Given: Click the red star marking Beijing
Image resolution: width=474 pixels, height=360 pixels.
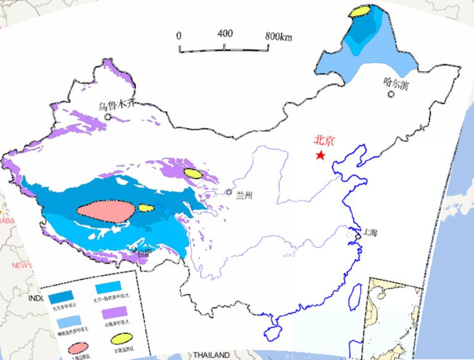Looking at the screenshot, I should (x=320, y=155).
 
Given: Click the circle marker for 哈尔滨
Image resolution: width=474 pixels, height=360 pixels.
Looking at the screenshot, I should (x=391, y=94).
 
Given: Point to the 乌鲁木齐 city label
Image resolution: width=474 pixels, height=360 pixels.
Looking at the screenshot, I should (x=115, y=106).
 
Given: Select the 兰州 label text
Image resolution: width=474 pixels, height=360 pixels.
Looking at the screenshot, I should (x=244, y=196).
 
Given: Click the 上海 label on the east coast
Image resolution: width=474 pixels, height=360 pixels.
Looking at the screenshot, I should (x=370, y=233).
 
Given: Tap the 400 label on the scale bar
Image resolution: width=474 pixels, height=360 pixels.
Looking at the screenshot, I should (x=225, y=33).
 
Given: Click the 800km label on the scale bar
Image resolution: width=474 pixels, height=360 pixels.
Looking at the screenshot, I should (x=278, y=35).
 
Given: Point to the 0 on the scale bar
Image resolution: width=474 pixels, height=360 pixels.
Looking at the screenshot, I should (x=179, y=35).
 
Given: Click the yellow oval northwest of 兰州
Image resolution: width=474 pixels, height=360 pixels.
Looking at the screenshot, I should (x=193, y=174).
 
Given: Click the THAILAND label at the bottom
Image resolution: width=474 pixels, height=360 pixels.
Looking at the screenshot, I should (x=211, y=355).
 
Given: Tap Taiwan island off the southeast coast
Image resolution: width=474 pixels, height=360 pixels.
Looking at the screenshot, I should (x=355, y=298).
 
